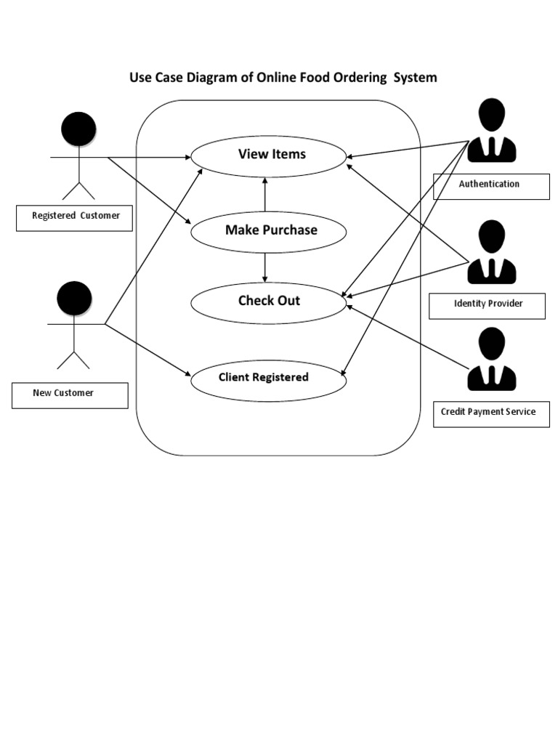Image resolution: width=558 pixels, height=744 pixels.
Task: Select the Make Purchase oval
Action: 268,231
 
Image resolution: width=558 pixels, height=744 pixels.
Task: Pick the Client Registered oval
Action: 268,379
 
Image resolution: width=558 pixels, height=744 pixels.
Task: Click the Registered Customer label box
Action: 74,217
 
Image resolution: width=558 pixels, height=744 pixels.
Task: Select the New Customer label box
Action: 70,395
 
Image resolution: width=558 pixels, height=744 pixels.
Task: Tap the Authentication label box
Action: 490,186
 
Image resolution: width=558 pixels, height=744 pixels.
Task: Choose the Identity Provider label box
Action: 487,305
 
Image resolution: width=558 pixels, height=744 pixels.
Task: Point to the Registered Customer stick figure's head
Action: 78,129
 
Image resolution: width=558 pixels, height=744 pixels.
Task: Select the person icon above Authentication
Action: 492,131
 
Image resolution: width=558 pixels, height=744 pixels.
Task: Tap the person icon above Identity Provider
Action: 492,252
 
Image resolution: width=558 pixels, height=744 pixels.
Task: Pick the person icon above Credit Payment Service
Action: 492,359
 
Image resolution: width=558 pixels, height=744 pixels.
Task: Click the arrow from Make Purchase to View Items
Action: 265,194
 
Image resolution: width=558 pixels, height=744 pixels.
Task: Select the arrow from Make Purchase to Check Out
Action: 265,267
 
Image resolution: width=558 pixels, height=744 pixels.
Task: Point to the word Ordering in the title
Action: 358,77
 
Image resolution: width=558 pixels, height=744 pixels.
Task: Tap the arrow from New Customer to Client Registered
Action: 149,351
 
